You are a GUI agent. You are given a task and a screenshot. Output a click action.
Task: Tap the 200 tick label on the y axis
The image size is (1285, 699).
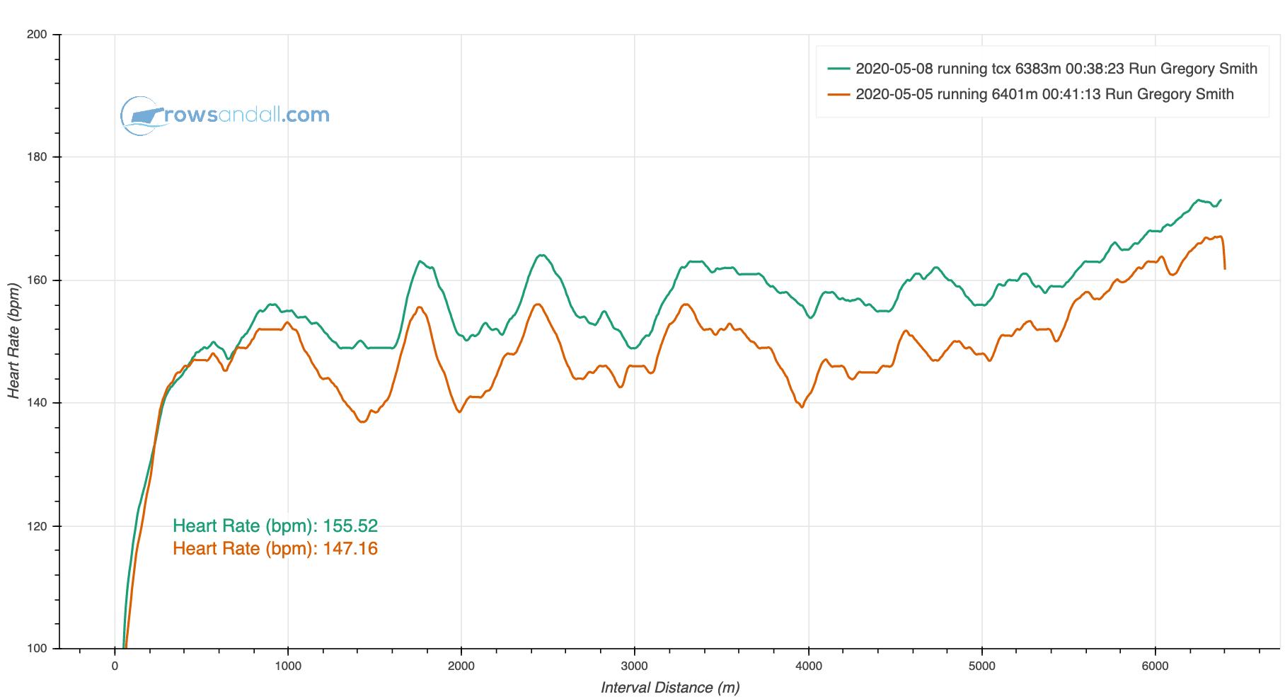tap(38, 35)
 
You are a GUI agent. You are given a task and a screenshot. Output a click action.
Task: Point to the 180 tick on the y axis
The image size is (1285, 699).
tap(38, 157)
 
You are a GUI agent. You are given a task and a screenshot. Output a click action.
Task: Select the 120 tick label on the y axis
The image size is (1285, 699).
tap(38, 526)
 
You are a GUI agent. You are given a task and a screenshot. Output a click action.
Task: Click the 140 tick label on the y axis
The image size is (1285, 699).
tap(38, 403)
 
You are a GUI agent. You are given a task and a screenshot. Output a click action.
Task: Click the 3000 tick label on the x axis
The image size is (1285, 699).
tap(635, 666)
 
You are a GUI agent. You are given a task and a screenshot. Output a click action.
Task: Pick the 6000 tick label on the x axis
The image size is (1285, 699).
tap(1155, 666)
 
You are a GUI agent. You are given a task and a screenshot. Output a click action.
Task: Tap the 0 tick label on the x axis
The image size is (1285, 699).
tap(115, 666)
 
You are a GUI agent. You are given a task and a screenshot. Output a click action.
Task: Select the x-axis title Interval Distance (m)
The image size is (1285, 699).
tap(670, 688)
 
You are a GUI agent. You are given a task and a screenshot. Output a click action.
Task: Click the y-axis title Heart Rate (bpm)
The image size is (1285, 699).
tap(13, 341)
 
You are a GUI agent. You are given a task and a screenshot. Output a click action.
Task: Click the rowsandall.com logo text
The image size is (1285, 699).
tap(247, 115)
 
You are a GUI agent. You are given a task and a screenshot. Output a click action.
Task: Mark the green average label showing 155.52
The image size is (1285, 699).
tap(275, 526)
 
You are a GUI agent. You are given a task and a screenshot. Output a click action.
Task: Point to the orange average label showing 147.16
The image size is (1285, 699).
tap(275, 549)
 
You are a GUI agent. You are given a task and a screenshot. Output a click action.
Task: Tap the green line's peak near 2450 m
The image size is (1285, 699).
tap(541, 256)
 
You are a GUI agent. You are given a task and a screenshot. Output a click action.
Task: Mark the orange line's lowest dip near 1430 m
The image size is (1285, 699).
tap(362, 422)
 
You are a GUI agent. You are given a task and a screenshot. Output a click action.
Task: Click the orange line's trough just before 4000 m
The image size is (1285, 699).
tap(802, 407)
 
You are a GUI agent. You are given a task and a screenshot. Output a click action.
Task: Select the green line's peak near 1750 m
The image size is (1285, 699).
tap(420, 261)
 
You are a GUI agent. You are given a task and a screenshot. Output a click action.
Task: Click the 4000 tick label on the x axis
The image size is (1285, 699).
tap(808, 666)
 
